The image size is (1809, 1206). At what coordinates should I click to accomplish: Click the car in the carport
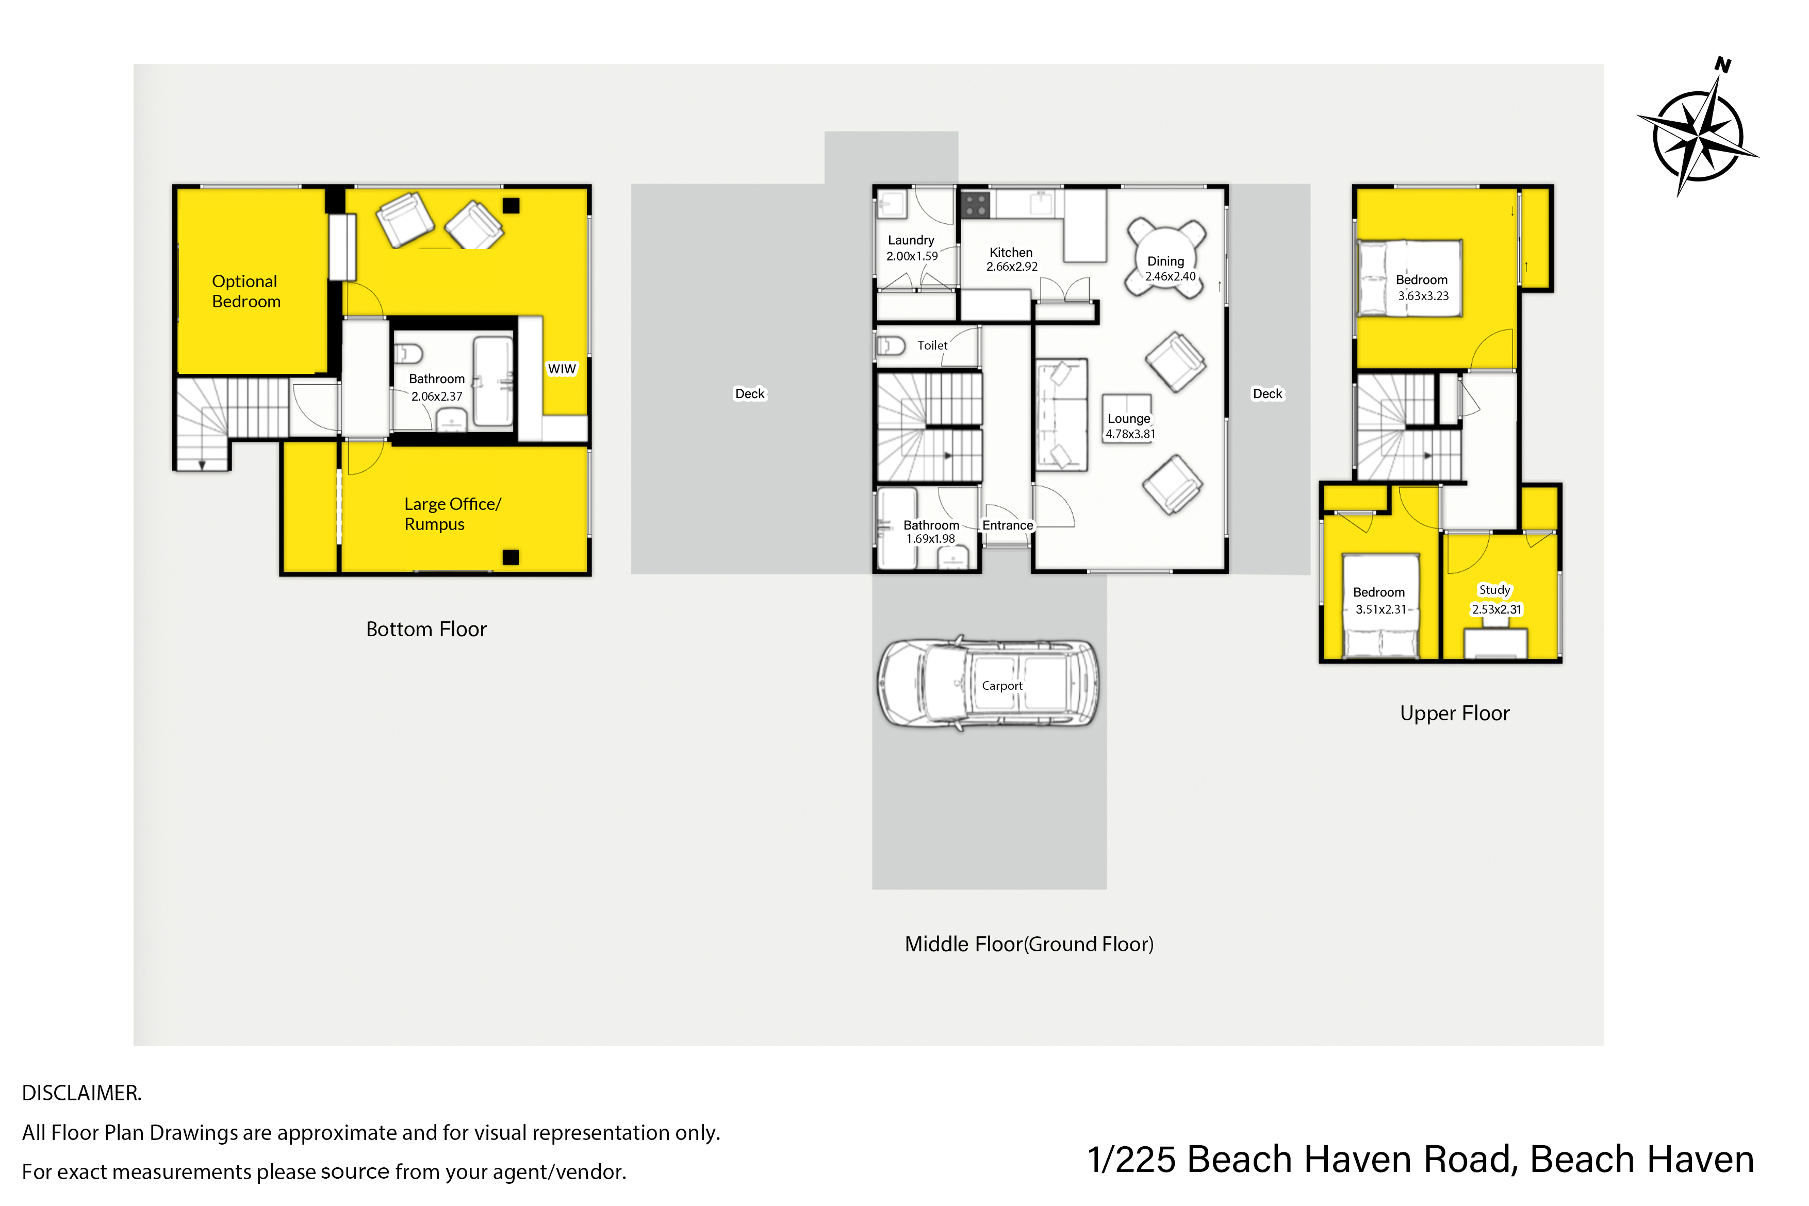pyautogui.click(x=989, y=683)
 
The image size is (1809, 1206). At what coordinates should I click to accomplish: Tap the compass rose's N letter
pyautogui.click(x=1723, y=65)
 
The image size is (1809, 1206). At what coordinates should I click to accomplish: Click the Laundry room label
pyautogui.click(x=911, y=240)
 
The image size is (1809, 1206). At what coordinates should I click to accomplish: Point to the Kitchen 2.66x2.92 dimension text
pyautogui.click(x=1012, y=267)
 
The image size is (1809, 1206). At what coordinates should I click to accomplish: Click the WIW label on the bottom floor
pyautogui.click(x=562, y=369)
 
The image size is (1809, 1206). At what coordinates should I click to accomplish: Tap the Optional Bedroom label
pyautogui.click(x=246, y=291)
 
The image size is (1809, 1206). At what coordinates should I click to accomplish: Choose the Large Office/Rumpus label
pyautogui.click(x=452, y=514)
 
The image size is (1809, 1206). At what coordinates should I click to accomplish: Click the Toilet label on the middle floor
pyautogui.click(x=932, y=345)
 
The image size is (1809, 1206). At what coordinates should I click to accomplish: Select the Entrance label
pyautogui.click(x=1008, y=525)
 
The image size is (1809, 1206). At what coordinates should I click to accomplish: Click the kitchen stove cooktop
pyautogui.click(x=975, y=205)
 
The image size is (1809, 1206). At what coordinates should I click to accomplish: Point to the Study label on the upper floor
pyautogui.click(x=1494, y=590)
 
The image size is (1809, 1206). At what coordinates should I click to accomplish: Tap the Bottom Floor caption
pyautogui.click(x=426, y=629)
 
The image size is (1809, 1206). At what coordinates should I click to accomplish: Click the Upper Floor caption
pyautogui.click(x=1454, y=713)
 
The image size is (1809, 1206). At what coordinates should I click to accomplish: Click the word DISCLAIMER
pyautogui.click(x=81, y=1093)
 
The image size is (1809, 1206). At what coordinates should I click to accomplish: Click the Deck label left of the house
pyautogui.click(x=750, y=394)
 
